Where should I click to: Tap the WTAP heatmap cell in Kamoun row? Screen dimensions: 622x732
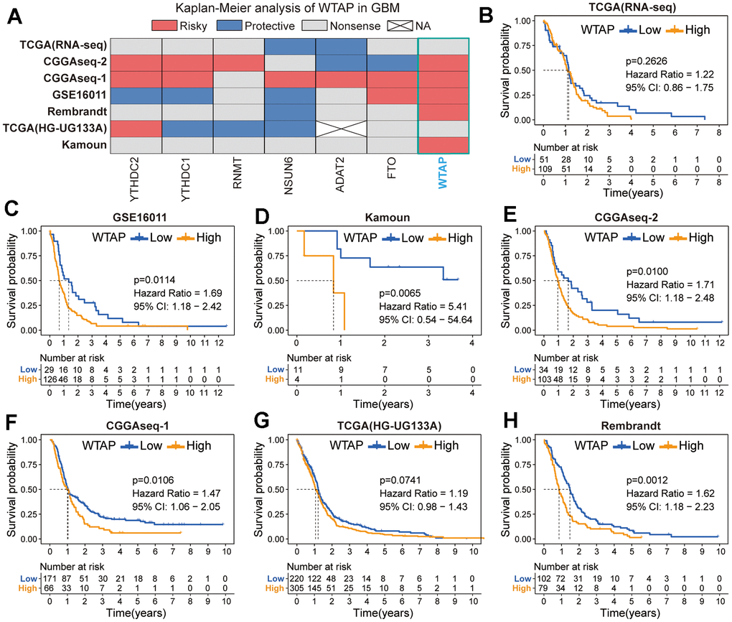click(443, 145)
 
